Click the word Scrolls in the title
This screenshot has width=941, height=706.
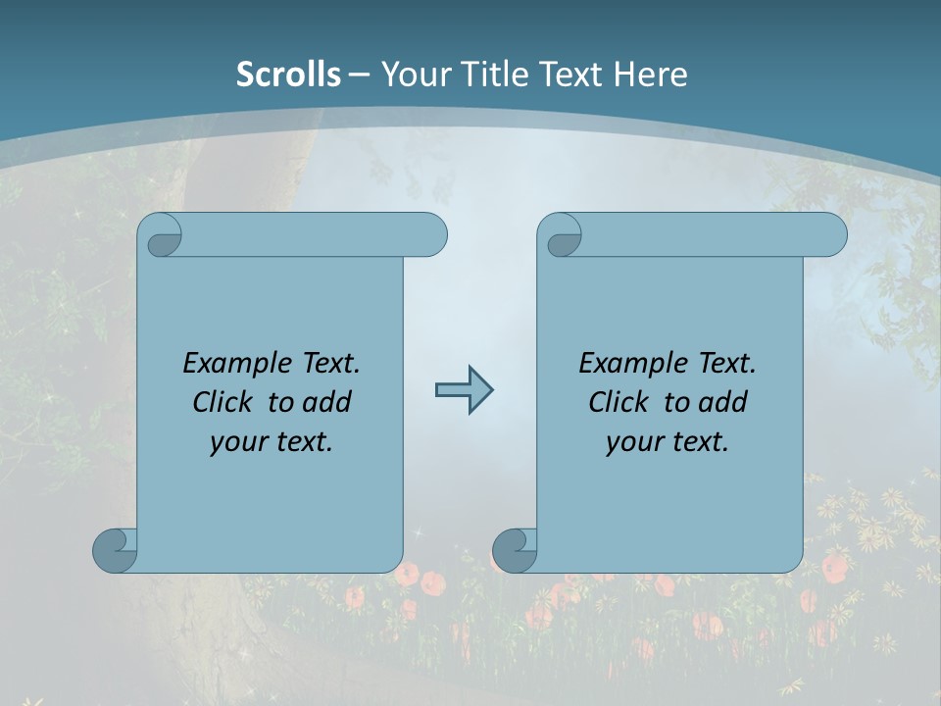[x=288, y=74]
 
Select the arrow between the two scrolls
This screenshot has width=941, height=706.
[x=464, y=390]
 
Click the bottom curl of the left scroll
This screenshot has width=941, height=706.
[x=115, y=550]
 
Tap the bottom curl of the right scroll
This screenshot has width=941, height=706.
[x=514, y=550]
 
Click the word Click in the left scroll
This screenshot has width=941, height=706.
[x=222, y=402]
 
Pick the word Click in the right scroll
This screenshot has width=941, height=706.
[x=618, y=402]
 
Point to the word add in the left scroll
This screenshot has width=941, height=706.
[x=327, y=402]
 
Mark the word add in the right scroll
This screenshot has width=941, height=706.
[x=723, y=402]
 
